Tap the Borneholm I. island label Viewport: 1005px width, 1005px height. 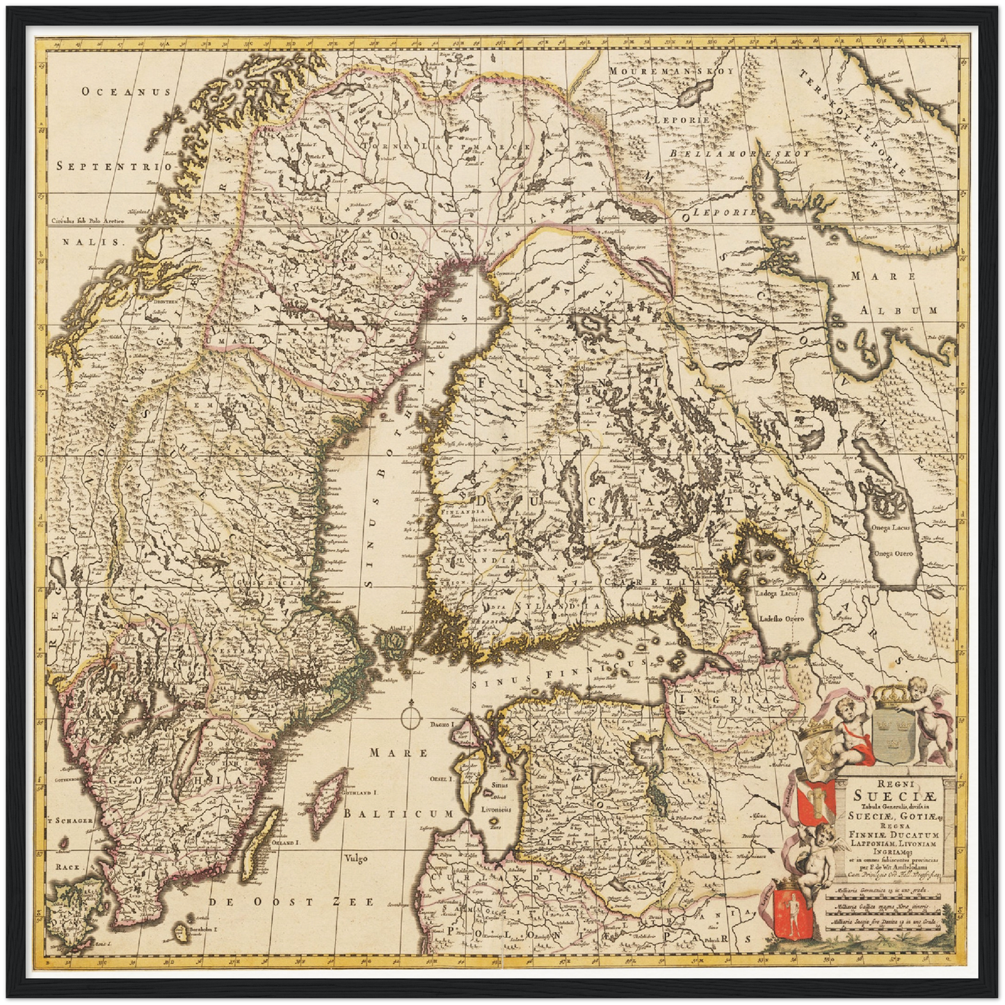coord(202,929)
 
